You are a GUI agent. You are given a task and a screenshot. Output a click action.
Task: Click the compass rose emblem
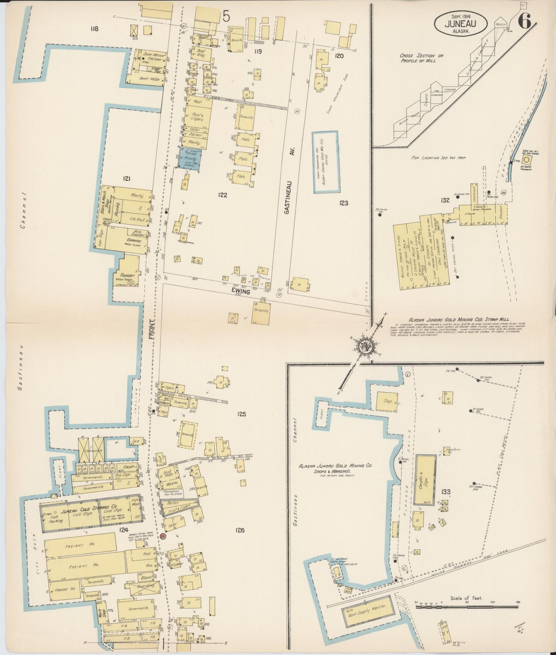click(365, 346)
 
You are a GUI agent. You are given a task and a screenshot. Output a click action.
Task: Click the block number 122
click(222, 195)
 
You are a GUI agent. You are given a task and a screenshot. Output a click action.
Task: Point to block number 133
click(446, 491)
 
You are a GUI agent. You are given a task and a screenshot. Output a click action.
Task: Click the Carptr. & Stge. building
click(425, 480)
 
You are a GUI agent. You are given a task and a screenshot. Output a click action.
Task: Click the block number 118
click(94, 28)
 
